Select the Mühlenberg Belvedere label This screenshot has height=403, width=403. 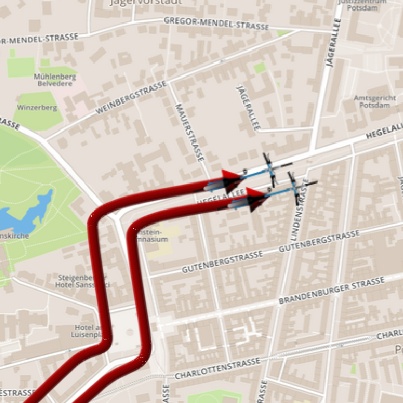point(55,80)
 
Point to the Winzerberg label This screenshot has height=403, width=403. point(37,107)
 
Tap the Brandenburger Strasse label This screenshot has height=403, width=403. point(332,291)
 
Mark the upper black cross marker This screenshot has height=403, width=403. point(271,169)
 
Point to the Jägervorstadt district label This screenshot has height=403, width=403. point(146,2)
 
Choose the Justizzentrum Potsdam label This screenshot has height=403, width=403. point(362,4)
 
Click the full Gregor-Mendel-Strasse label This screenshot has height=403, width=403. point(216,23)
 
